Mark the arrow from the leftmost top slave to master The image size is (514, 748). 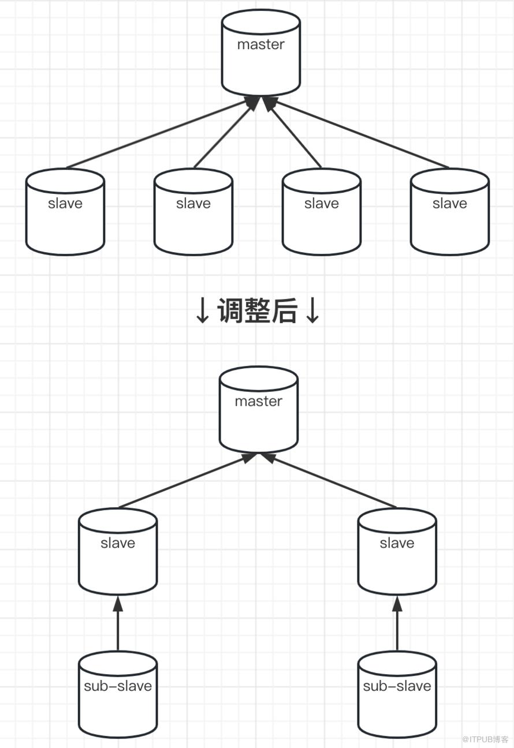click(x=156, y=134)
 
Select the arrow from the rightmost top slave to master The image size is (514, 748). click(x=361, y=134)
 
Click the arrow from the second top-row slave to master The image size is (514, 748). click(x=224, y=134)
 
